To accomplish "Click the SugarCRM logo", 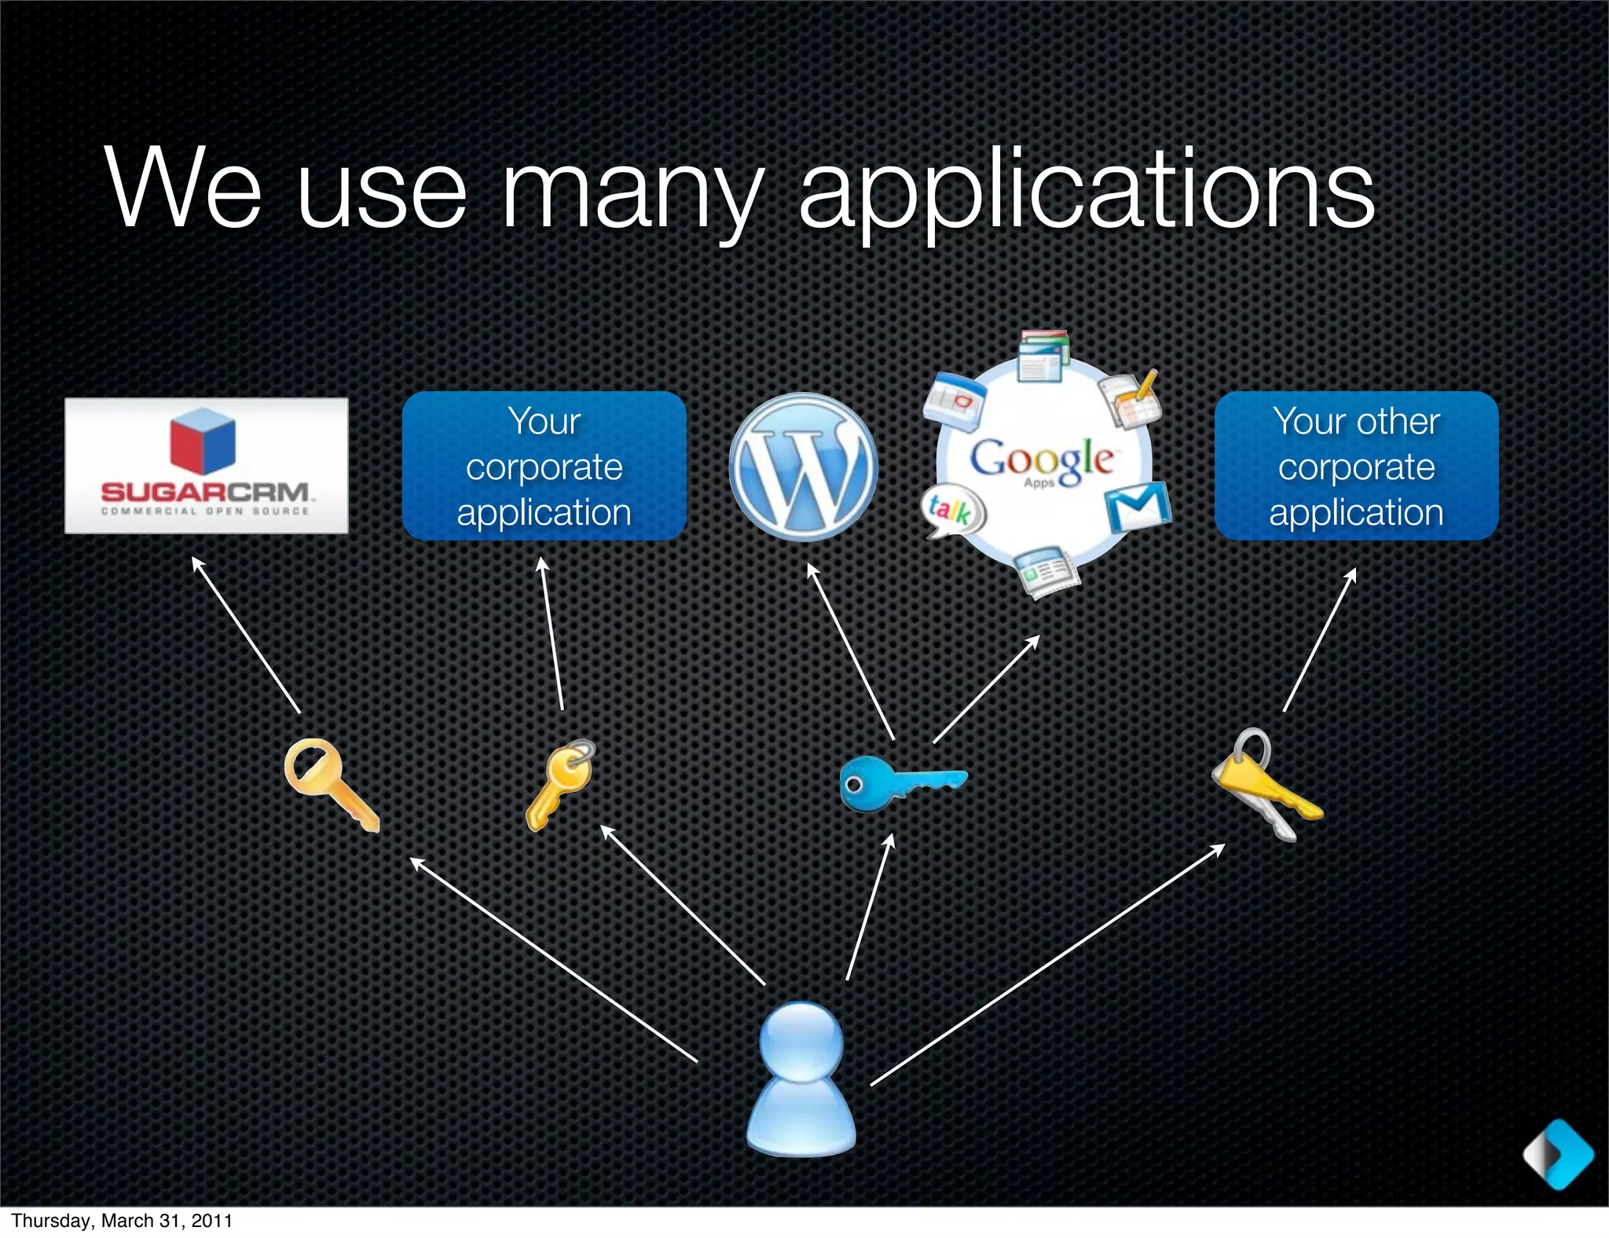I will (x=206, y=466).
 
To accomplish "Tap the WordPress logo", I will (x=803, y=467).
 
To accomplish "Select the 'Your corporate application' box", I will (x=544, y=466).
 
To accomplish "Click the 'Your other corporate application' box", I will (x=1356, y=466).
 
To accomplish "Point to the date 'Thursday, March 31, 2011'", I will (x=122, y=1221).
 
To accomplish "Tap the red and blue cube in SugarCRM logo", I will (x=203, y=440).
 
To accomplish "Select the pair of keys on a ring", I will (x=1265, y=786).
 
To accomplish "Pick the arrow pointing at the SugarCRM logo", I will (x=246, y=635).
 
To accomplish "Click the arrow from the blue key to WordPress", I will (x=851, y=651).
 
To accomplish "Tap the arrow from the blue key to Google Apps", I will (x=986, y=689).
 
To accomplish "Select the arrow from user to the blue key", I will (x=870, y=907).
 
